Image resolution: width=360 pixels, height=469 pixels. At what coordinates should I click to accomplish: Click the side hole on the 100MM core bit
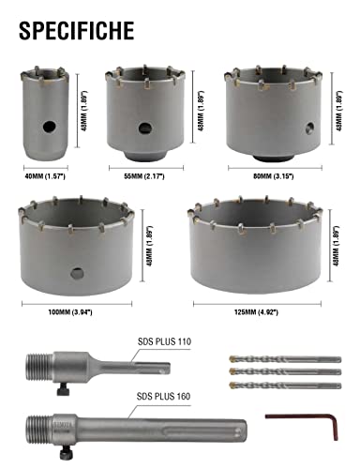click(x=75, y=273)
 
